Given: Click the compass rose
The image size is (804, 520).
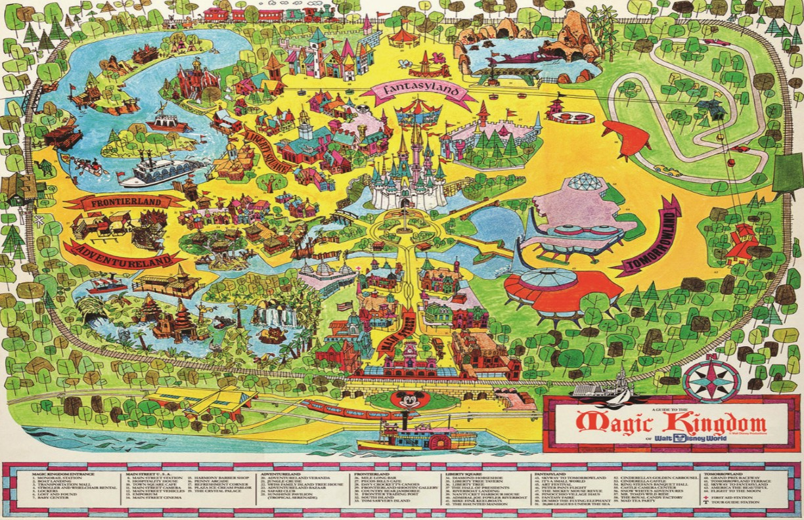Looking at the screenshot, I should [711, 381].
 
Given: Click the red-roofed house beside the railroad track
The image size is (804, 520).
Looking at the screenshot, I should [742, 239].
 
